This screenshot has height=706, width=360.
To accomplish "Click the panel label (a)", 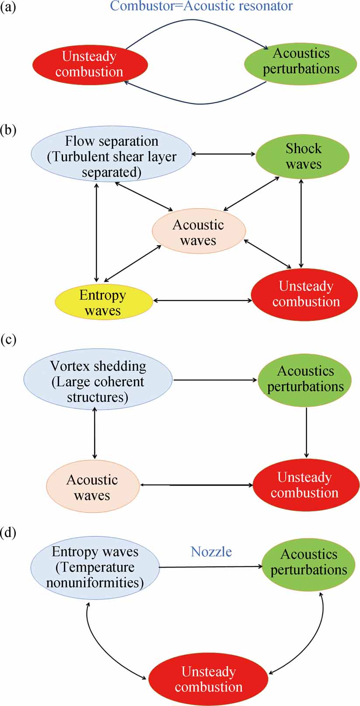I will coord(8,7).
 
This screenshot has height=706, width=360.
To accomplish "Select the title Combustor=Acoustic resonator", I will coord(201,6).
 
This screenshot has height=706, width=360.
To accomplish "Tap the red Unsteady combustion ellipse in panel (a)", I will coord(90,64).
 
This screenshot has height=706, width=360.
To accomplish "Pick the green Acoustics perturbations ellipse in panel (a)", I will coord(301,61).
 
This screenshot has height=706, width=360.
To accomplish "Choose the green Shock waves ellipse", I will coord(303,156).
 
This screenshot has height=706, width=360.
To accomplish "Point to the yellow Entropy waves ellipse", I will coord(103,302).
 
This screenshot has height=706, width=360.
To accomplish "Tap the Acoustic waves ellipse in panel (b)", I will coord(199,231).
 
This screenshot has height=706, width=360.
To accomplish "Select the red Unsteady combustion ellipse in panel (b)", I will coord(305,294).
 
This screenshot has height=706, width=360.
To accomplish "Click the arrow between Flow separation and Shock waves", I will coord(224,154).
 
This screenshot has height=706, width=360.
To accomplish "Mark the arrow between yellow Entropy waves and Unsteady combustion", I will coord(202,301).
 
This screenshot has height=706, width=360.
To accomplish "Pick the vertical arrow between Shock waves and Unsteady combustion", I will coord(301,223).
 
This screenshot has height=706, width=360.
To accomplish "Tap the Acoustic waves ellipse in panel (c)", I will coord(92,486).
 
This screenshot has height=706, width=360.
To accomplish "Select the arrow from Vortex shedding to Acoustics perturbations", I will coord(215,380).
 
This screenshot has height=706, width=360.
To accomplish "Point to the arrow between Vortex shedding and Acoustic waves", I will coord(94,433).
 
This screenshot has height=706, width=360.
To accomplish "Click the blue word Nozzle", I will coord(211,552).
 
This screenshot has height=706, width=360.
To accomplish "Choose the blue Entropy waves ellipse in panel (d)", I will coord(95,567).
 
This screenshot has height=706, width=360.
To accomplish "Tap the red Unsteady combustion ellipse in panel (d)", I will coord(208,678).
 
